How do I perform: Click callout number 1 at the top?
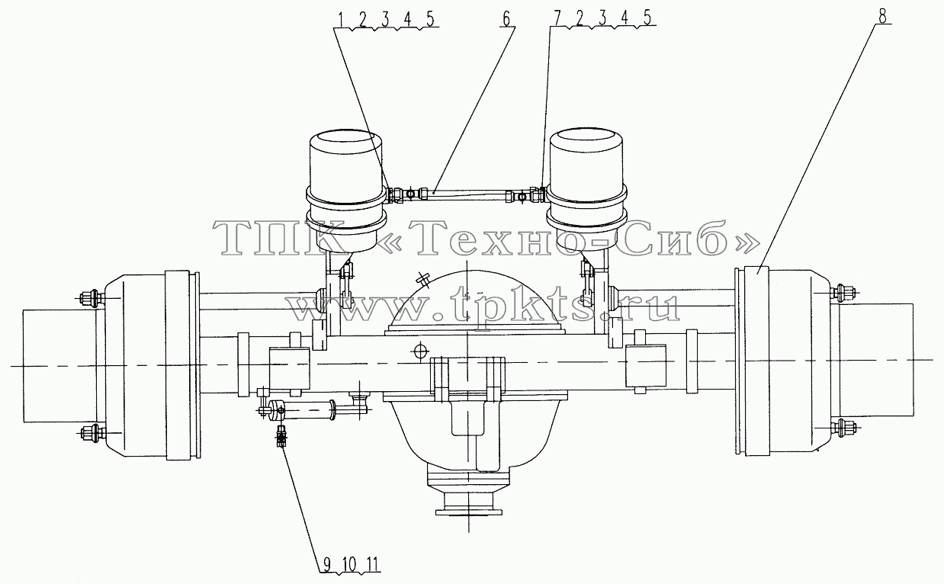[x=341, y=19]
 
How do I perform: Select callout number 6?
[x=506, y=19]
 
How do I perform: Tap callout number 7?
[x=557, y=18]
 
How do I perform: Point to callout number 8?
[x=882, y=17]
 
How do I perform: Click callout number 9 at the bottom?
[x=327, y=563]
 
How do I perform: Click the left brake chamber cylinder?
[x=346, y=191]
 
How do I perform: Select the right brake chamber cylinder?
[x=586, y=190]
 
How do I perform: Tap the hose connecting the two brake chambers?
[x=467, y=195]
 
